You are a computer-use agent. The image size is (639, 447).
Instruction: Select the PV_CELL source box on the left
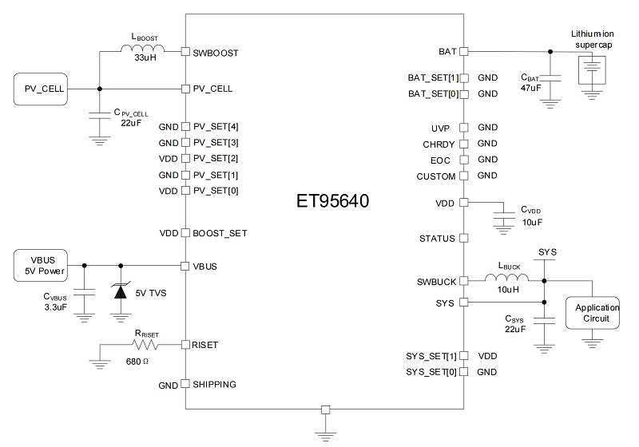point(39,88)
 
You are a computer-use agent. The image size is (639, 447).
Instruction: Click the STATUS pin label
point(437,239)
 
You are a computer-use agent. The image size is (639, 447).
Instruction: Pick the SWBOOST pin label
point(216,53)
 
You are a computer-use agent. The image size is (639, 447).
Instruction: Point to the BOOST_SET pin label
point(220,233)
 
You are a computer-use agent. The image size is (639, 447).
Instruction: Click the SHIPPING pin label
point(214,384)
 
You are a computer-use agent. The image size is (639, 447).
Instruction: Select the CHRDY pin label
point(439,144)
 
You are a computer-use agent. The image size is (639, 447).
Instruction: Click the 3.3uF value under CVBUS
point(56,306)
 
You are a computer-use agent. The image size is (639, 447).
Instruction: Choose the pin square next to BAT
point(462,52)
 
